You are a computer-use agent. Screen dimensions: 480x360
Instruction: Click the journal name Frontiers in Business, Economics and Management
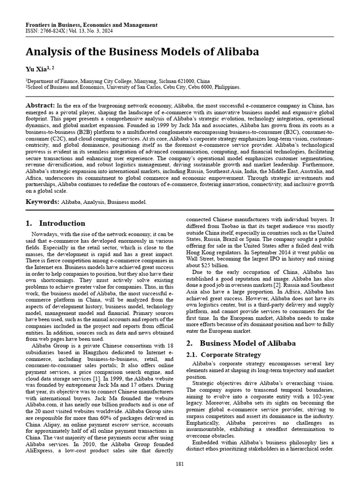pos(91,25)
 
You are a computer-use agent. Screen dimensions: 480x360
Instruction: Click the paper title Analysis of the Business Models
pos(142,51)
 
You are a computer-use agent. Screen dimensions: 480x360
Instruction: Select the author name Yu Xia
pos(37,69)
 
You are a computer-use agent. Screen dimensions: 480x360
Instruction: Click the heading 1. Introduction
pos(55,223)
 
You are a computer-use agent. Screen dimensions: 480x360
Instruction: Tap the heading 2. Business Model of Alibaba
pos(241,343)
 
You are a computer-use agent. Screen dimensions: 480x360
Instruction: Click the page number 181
pos(180,464)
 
